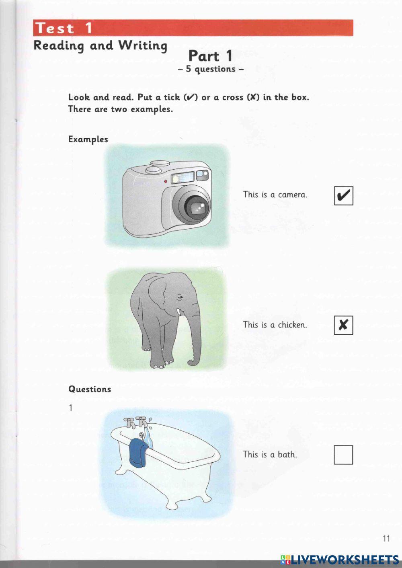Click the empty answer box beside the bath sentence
[343, 455]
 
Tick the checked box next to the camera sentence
[344, 196]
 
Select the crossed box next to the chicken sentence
[343, 325]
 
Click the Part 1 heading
[210, 56]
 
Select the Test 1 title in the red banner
[64, 28]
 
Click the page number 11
[386, 539]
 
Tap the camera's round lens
[197, 207]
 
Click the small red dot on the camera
[165, 182]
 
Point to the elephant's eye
[179, 297]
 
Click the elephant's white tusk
[178, 312]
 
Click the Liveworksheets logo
[340, 559]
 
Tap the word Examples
[88, 139]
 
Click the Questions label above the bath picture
[89, 389]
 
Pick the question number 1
[71, 408]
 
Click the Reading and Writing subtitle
[100, 46]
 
